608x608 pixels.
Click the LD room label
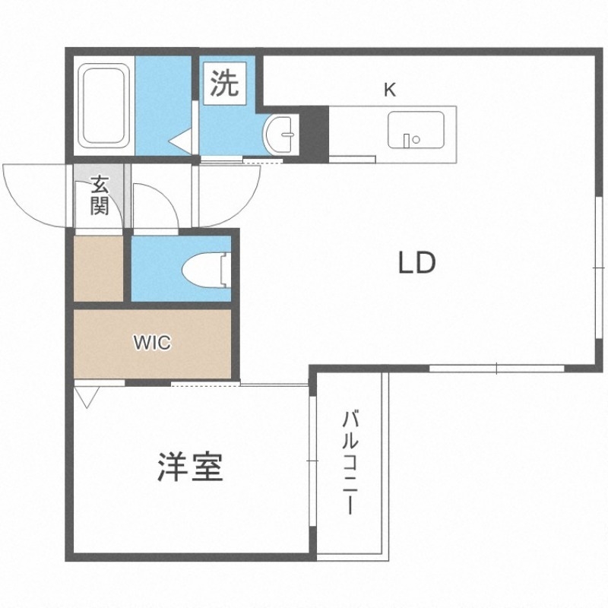416,263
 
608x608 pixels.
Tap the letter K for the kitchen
390,90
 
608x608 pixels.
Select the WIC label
153,343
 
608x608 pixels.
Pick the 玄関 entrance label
99,196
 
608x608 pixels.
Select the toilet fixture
205,270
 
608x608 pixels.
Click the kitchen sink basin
416,129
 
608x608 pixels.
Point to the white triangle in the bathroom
181,141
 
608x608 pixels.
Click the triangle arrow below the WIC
87,396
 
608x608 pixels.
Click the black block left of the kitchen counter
315,134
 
